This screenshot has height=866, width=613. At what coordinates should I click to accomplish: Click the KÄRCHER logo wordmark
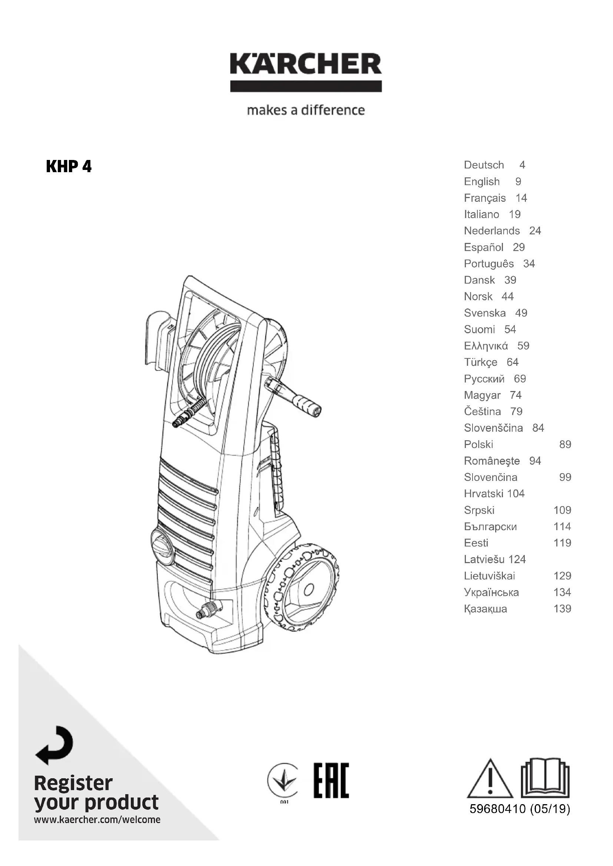(x=306, y=64)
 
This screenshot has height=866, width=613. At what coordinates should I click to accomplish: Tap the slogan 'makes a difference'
(x=306, y=110)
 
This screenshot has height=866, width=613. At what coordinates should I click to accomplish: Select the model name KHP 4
(x=69, y=166)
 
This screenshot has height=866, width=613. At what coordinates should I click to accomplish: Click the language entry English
(x=482, y=181)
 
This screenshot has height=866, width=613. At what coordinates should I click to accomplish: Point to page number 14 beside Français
(x=521, y=198)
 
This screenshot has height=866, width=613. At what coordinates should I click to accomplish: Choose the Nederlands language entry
(x=492, y=231)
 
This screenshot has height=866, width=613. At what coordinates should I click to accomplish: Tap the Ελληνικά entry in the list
(x=486, y=346)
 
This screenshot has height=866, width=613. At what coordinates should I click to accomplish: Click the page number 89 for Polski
(x=565, y=444)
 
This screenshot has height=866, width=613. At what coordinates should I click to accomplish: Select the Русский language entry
(x=484, y=379)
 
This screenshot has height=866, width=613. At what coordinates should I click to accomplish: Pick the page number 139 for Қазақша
(x=562, y=609)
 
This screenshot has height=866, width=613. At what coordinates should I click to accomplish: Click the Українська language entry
(x=491, y=592)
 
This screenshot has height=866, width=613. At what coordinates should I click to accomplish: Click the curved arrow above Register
(x=55, y=745)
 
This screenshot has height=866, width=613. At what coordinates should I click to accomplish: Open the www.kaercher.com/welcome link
(x=97, y=820)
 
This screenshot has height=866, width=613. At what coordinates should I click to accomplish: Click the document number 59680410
(x=497, y=809)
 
